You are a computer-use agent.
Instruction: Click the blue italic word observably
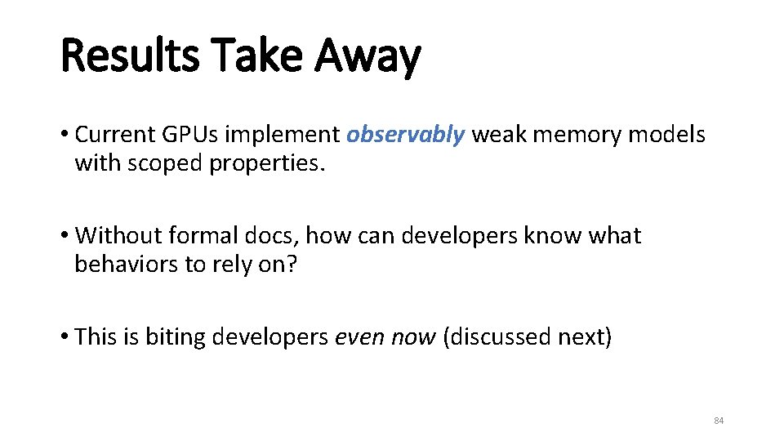405,135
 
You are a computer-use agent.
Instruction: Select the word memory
578,135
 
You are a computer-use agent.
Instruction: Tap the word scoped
167,163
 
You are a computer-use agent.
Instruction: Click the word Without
119,236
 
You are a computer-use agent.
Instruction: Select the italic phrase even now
385,336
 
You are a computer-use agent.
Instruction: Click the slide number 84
719,421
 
